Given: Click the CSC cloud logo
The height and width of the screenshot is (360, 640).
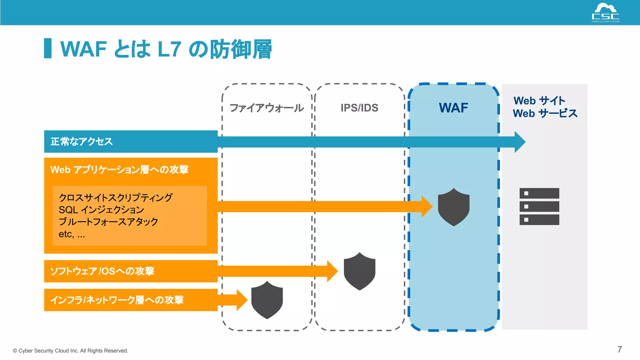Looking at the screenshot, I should click(x=605, y=12).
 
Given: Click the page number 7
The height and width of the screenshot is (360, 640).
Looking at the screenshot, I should click(x=619, y=349).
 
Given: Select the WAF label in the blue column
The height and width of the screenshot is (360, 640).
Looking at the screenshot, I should click(x=453, y=108).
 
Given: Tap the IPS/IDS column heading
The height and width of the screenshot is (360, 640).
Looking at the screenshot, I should click(x=359, y=108).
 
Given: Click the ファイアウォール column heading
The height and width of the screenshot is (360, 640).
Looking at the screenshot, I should click(x=267, y=108).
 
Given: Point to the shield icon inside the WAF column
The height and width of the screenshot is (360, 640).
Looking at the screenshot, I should click(x=453, y=207).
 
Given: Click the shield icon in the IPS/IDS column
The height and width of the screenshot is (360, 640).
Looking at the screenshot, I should click(x=359, y=271).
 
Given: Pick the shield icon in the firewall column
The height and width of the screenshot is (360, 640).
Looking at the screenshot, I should click(x=267, y=300).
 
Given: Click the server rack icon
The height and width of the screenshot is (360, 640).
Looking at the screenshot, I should click(x=539, y=206).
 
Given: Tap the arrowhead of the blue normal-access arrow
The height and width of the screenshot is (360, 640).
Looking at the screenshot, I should click(x=519, y=142).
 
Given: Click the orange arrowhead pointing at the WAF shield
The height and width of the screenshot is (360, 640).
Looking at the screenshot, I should click(x=426, y=207).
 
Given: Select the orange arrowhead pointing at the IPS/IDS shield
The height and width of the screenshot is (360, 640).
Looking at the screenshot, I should click(x=332, y=271).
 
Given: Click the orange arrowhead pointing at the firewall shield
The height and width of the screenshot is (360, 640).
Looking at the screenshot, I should click(x=242, y=300).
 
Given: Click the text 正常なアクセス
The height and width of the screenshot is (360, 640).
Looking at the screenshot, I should click(x=82, y=142).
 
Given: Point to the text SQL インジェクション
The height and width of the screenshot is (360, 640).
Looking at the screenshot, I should click(x=101, y=210).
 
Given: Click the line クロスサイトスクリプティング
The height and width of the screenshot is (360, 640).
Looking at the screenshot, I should click(x=116, y=197).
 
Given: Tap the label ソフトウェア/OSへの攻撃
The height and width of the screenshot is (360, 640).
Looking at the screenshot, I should click(x=102, y=271).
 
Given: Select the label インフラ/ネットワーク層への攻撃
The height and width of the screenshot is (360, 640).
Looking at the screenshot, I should click(x=117, y=300).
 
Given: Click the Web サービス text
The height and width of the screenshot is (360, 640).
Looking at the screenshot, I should click(x=545, y=113).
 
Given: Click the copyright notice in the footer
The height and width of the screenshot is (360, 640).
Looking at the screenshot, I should click(x=71, y=351).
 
